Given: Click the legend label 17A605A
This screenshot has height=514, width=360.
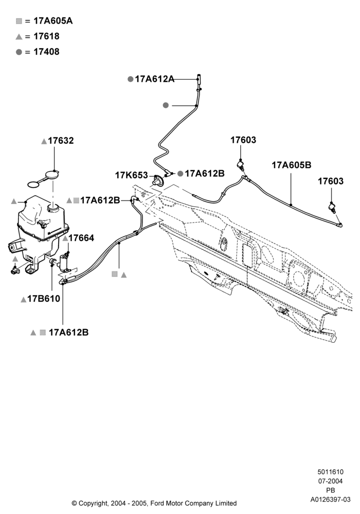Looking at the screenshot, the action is [x=53, y=21].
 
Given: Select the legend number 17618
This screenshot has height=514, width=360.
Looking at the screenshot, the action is [x=47, y=36].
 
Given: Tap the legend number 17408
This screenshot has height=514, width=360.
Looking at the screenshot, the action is [x=47, y=52].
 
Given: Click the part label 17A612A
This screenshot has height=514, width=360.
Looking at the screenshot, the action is [x=154, y=79].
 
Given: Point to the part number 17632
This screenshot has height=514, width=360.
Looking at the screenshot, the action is [x=61, y=141].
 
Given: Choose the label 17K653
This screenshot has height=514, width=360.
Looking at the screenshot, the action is [x=131, y=175].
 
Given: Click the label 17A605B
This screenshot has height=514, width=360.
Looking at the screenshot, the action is [x=291, y=165].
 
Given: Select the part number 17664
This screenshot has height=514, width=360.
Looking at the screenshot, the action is [x=81, y=238].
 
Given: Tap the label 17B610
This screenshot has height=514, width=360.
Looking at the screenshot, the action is [x=44, y=299].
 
